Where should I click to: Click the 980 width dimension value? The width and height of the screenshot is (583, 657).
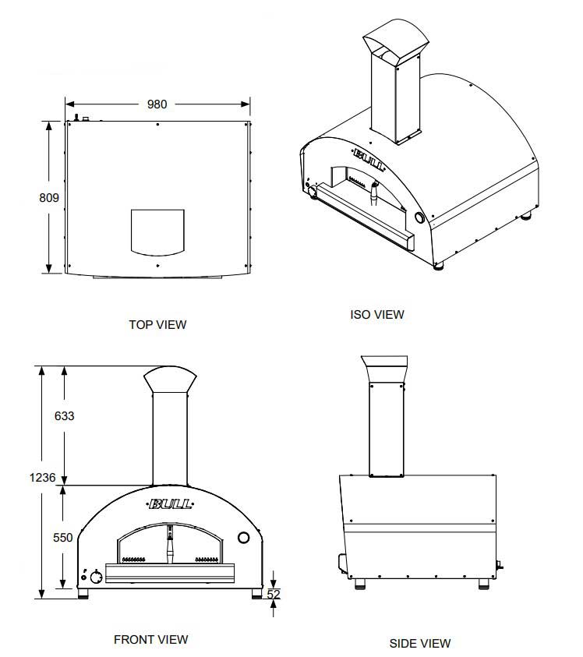click(157, 104)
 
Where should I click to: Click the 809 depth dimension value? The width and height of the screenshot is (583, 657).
click(49, 197)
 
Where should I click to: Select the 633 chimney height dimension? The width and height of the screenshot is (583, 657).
click(64, 415)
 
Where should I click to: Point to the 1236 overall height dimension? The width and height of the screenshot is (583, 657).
click(42, 477)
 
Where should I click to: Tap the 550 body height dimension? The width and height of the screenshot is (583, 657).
click(63, 537)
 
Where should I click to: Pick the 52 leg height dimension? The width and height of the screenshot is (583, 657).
click(274, 594)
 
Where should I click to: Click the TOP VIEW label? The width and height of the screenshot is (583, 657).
click(157, 324)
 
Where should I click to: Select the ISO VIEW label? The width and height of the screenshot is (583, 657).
click(377, 314)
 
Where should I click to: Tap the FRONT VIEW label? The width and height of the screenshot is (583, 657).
click(151, 639)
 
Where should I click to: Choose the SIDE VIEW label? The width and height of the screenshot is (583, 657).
click(420, 643)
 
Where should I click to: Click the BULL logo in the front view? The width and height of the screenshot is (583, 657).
click(170, 503)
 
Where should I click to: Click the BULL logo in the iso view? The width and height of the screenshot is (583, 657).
click(369, 159)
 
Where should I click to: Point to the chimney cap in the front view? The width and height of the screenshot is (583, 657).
click(170, 380)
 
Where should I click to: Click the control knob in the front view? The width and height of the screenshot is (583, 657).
click(97, 577)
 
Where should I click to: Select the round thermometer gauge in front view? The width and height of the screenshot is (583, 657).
click(243, 538)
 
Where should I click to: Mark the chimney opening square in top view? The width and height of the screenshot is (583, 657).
click(157, 232)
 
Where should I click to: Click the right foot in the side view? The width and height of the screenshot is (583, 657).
click(484, 584)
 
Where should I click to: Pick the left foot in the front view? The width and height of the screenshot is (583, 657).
click(83, 593)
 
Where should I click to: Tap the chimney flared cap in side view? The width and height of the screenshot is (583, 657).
click(384, 369)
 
